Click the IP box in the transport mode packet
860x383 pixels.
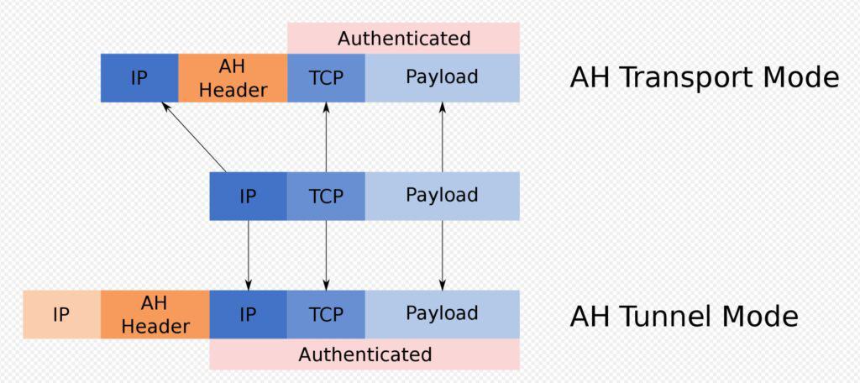pos(139,78)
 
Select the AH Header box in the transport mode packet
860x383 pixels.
pos(233,78)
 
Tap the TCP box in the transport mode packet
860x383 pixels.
pos(326,78)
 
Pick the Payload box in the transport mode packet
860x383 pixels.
pos(442,78)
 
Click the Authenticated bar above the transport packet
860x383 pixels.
pos(403,39)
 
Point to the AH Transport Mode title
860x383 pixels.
pos(705,78)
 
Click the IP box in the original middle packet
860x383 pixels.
pos(248,196)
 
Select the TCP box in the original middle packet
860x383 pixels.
pos(326,196)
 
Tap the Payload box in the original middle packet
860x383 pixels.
pos(442,196)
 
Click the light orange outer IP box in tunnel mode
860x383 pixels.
pos(62,314)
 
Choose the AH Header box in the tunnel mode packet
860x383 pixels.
pos(155,314)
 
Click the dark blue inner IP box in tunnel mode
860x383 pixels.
pos(248,314)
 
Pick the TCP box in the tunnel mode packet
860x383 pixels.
pos(326,314)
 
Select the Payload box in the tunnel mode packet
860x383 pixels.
pos(442,314)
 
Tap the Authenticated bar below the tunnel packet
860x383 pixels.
pos(364,354)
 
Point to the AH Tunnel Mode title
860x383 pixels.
pos(684,317)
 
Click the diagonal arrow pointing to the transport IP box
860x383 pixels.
pos(193,137)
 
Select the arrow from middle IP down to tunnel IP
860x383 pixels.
pos(248,255)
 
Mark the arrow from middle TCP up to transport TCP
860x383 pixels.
pos(326,137)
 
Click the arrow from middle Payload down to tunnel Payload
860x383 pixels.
pos(442,255)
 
